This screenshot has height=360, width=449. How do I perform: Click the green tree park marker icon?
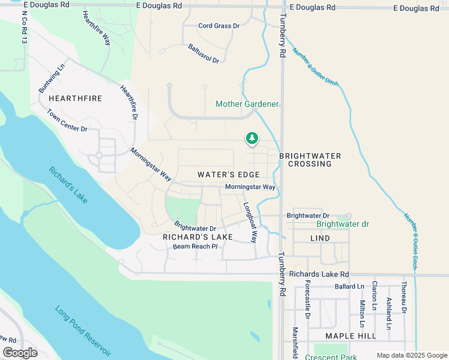pos(252,139)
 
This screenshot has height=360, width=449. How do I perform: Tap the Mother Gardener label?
pos(247,104)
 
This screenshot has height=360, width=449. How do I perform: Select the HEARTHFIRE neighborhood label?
pos(75,98)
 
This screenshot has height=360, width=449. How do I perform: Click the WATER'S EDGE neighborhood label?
pos(229,175)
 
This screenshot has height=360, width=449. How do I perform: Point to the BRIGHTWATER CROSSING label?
pos(310,160)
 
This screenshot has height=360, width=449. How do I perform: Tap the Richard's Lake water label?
pos(70,184)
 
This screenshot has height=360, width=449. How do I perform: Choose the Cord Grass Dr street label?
pos(219,26)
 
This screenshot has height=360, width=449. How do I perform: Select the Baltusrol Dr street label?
pos(203,53)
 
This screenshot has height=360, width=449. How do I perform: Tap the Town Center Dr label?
pos(67,121)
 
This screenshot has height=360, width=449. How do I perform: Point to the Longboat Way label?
pos(250,221)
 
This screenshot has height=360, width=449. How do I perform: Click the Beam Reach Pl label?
pos(194,247)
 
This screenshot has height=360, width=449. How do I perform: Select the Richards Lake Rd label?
pos(315,274)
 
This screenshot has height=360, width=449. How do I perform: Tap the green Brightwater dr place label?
pos(343,224)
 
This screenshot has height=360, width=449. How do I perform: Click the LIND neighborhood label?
pos(321,238)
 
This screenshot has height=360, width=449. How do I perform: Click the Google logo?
pos(20,353)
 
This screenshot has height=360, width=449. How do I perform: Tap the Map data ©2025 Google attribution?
pos(411,355)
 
